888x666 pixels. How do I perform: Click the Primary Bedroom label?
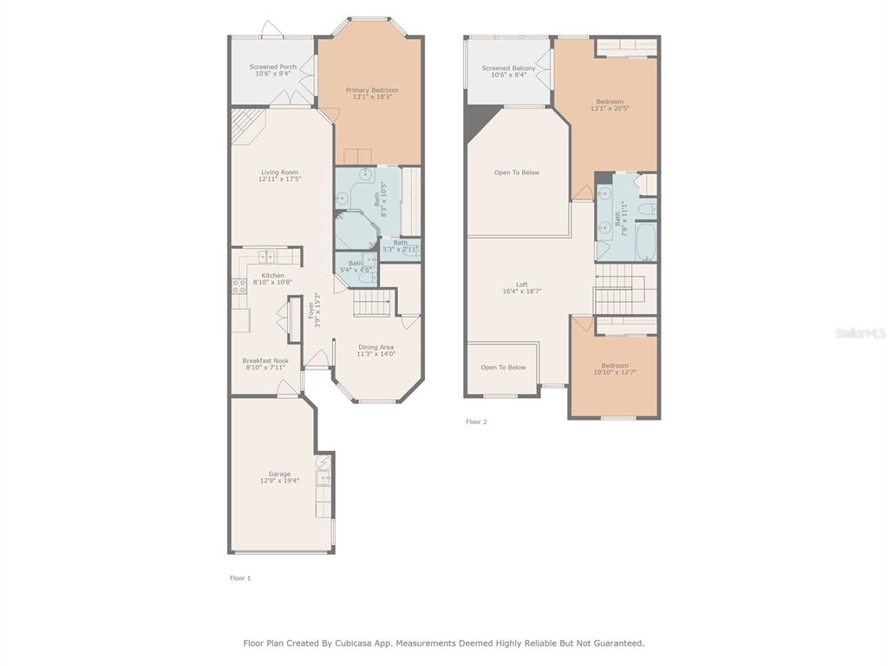[372, 90]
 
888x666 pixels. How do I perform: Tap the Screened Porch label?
[273, 67]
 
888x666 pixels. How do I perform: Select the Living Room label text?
[280, 173]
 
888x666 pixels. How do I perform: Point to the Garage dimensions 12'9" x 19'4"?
[280, 480]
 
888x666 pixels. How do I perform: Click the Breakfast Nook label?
[265, 361]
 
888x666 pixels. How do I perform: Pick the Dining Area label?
[376, 347]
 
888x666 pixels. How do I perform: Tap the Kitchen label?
[273, 275]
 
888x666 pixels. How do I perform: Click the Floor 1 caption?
[240, 578]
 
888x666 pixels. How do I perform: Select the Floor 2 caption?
[476, 422]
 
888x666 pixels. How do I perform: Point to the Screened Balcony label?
[508, 68]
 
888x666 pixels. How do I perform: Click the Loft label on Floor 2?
[522, 284]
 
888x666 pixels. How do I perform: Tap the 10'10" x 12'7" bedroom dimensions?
[615, 373]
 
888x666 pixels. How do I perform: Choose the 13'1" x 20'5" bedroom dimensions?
[610, 108]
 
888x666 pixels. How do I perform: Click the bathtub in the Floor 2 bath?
[646, 242]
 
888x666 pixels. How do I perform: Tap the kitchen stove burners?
[239, 285]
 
